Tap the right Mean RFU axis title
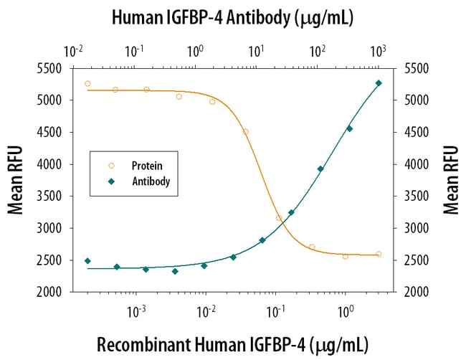pyautogui.click(x=450, y=180)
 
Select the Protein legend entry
pyautogui.click(x=146, y=166)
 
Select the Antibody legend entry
pyautogui.click(x=150, y=182)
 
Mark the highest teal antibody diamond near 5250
pyautogui.click(x=379, y=83)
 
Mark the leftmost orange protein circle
pyautogui.click(x=87, y=83)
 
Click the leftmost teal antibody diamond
pyautogui.click(x=87, y=261)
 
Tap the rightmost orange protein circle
pyautogui.click(x=379, y=254)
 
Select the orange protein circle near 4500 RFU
pyautogui.click(x=245, y=131)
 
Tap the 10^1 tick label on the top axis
pyautogui.click(x=256, y=52)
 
